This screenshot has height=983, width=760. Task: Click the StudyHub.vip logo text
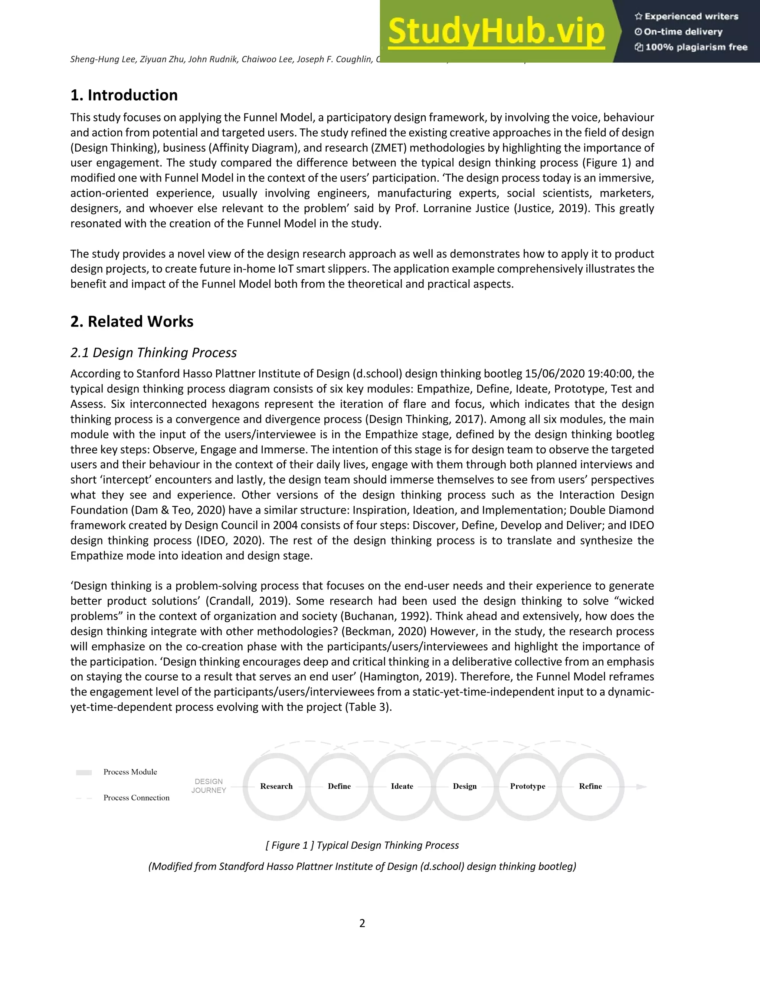496,32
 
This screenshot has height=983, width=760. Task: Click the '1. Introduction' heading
124,95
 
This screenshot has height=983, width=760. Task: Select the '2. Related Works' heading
132,321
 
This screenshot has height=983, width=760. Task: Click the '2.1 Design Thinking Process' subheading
154,352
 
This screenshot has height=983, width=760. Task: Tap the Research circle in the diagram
276,786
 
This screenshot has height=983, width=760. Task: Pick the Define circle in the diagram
339,786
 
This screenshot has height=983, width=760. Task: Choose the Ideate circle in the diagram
402,786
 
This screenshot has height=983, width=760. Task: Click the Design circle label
465,786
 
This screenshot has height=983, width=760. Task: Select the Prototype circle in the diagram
527,786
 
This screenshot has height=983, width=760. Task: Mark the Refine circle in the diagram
590,786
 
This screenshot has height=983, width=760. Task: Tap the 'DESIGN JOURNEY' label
209,786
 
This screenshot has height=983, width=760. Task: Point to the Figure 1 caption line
362,845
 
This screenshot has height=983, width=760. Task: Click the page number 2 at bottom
362,923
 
